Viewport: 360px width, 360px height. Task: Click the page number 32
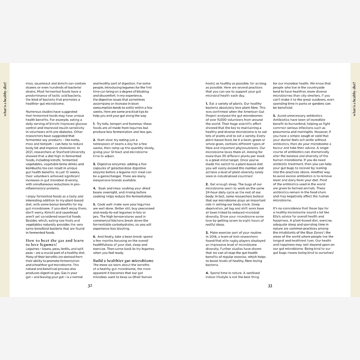point(90,286)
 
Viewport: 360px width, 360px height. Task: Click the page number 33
point(270,286)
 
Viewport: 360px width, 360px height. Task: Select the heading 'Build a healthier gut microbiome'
point(123,261)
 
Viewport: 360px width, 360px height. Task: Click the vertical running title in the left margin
point(5,99)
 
